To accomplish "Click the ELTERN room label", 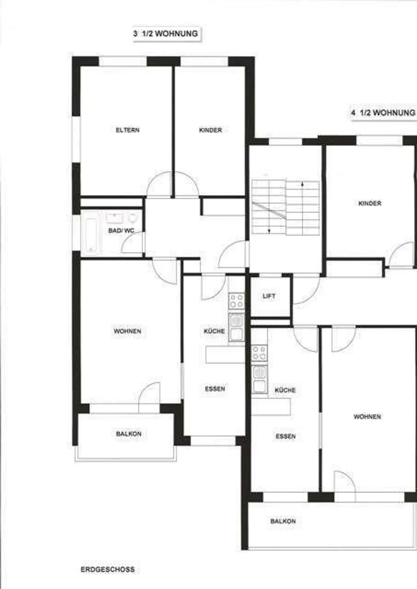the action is pos(128,130).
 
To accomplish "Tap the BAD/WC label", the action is pos(121,231).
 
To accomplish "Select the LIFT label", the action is pos(269,296).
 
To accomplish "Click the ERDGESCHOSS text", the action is pos(108,569).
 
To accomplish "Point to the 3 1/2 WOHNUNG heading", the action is pos(166,34).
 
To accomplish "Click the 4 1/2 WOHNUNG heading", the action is pos(383,113).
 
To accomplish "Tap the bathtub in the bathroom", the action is pos(91,235).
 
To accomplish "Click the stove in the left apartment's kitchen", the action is pos(237,301).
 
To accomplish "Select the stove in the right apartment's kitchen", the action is pos(259,353).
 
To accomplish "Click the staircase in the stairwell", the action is pos(286,207).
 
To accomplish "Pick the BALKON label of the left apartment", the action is pos(129,434).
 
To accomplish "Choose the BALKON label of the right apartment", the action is pos(283,521).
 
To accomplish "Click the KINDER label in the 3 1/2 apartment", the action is pos(211,130).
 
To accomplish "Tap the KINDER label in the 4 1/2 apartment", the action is pos(370,203).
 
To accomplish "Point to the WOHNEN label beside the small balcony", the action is pos(127,331).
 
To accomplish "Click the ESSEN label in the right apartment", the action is pos(286,436).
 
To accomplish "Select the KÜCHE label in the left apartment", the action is pos(214,331).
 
